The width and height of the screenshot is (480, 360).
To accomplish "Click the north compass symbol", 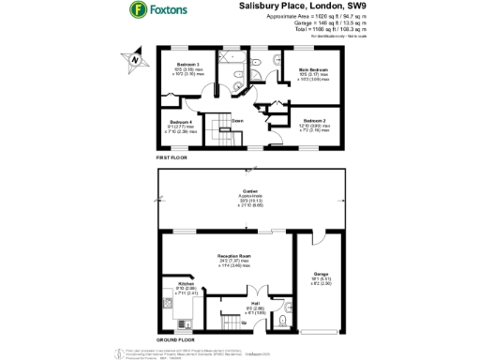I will [135, 61].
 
